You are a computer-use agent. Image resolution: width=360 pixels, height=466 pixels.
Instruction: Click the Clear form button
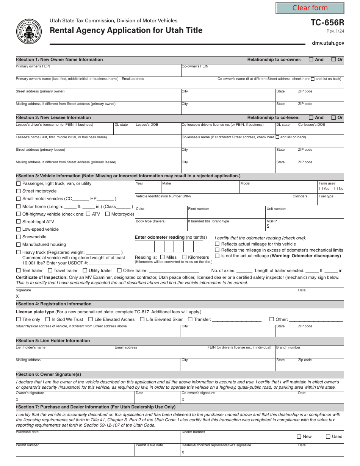click(310, 8)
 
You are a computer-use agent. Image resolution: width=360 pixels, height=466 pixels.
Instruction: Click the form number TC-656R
click(327, 23)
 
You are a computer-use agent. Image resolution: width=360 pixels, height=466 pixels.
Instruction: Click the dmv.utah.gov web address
click(328, 43)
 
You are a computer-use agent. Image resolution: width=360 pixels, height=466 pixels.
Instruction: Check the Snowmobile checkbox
click(19, 237)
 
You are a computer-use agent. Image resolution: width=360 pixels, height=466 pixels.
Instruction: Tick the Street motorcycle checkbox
click(19, 191)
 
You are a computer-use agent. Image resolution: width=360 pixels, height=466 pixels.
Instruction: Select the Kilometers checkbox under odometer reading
click(185, 257)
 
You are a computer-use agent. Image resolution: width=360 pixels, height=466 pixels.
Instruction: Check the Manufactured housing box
click(19, 244)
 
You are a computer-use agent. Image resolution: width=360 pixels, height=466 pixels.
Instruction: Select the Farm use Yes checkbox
click(321, 189)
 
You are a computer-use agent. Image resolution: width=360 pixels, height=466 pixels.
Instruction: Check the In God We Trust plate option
click(48, 319)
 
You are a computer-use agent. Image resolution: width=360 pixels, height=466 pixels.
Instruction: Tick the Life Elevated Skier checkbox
click(142, 319)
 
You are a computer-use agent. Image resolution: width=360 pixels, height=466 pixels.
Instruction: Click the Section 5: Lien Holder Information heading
click(54, 341)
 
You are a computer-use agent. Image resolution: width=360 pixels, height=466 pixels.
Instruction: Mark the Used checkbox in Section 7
click(328, 436)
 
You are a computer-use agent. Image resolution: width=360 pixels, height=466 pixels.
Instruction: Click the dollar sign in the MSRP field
click(268, 227)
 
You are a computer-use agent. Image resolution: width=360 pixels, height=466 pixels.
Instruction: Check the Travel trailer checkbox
click(50, 271)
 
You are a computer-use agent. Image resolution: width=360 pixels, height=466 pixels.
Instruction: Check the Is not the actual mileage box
click(217, 256)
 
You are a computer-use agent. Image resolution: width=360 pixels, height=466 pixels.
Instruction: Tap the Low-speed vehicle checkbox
click(19, 229)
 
